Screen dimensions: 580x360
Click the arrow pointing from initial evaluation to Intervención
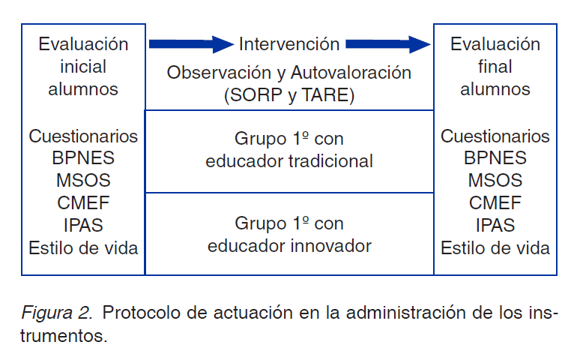[191, 44]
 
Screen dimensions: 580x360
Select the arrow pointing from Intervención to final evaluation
[388, 44]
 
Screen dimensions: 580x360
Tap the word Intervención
[289, 44]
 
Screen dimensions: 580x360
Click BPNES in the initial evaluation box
[83, 158]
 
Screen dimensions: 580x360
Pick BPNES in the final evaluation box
[495, 158]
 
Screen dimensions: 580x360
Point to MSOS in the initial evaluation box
[83, 181]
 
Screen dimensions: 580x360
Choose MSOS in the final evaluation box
[495, 181]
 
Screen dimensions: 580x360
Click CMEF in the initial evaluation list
[83, 202]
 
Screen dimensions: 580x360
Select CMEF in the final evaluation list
[495, 202]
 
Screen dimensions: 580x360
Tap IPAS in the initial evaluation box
[83, 225]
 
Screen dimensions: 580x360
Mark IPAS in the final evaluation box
[495, 225]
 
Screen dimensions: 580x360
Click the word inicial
[83, 66]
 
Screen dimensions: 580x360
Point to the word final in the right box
[495, 66]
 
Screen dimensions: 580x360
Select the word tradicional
[327, 160]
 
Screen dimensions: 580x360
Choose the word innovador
[326, 245]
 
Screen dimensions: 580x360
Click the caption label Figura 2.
[57, 312]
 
